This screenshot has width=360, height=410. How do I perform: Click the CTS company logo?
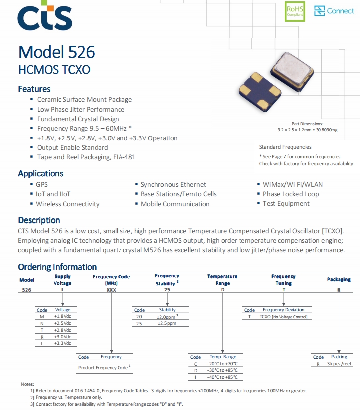tap(45, 15)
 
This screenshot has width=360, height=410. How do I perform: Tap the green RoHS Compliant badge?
tap(295, 11)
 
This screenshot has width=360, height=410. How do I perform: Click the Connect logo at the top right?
tap(334, 11)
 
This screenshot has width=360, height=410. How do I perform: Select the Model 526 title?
tap(56, 52)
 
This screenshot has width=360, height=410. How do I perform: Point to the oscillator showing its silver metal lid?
tap(292, 71)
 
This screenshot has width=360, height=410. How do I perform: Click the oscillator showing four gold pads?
tap(260, 91)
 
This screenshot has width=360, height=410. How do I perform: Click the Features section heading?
tap(34, 89)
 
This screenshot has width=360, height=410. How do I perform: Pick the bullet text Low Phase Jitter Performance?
tap(81, 109)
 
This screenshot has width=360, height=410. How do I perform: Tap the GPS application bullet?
tap(42, 185)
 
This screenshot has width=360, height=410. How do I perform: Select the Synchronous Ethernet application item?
tap(173, 185)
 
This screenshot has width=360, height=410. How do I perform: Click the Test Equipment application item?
tap(286, 204)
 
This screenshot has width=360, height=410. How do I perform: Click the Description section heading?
tap(39, 220)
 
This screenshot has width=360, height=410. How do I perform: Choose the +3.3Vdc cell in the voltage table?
tap(62, 343)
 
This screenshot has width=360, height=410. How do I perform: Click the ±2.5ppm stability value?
tap(167, 323)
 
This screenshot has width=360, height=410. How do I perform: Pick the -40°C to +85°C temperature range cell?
tap(222, 377)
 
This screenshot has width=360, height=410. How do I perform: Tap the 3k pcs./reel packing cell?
tap(339, 364)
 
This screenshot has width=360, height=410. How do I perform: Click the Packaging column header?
tap(339, 280)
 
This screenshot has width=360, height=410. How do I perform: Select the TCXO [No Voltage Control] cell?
tap(283, 317)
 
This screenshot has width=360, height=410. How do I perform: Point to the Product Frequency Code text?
tap(103, 368)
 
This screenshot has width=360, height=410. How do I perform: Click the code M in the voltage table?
tap(42, 317)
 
